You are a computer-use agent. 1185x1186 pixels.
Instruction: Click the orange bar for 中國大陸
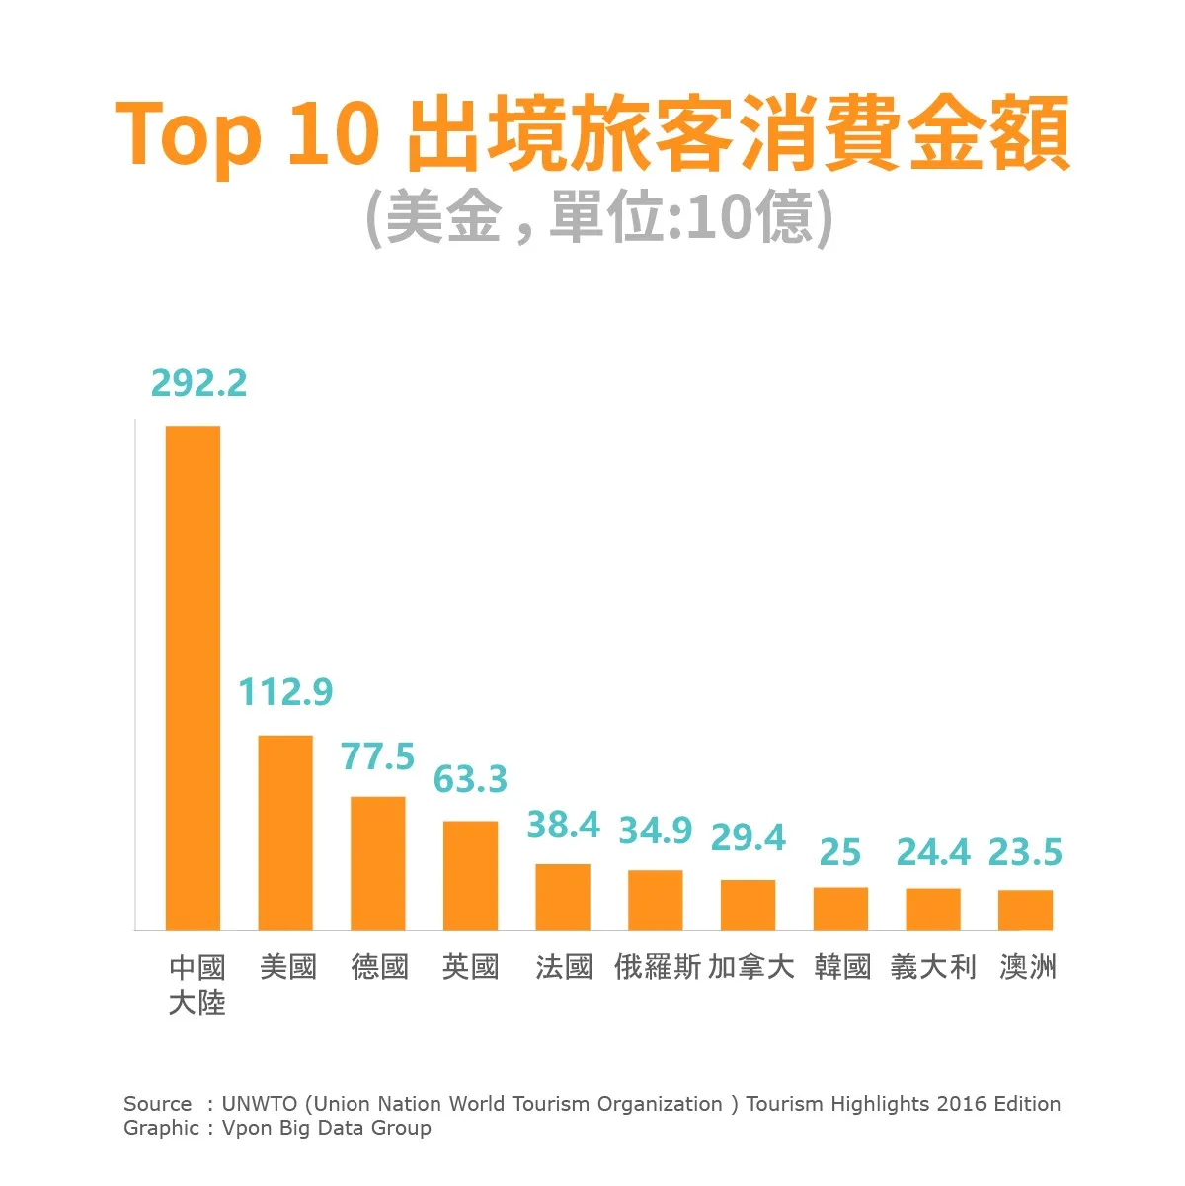(x=193, y=677)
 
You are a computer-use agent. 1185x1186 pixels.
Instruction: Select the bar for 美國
(x=285, y=832)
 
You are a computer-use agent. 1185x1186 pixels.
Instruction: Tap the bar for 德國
(x=378, y=863)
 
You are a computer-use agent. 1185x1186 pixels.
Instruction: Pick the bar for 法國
(x=563, y=897)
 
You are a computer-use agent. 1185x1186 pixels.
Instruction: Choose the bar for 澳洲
(x=1025, y=909)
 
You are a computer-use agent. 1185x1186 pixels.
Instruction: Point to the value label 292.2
(x=198, y=383)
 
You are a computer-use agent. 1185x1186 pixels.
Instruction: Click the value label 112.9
(x=285, y=692)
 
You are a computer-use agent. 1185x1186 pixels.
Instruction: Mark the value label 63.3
(x=470, y=779)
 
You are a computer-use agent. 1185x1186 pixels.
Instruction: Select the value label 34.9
(x=656, y=830)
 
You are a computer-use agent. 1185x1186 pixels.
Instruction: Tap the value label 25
(x=840, y=852)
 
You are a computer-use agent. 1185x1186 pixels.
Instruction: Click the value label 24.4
(x=933, y=852)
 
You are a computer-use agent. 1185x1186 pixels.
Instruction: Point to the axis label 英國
(x=470, y=966)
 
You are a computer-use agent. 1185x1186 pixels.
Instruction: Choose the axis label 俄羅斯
(x=657, y=966)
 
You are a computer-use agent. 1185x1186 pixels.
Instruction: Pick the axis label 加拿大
(x=750, y=966)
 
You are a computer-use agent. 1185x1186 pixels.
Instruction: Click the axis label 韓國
(x=842, y=966)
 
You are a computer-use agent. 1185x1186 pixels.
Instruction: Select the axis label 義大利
(x=933, y=966)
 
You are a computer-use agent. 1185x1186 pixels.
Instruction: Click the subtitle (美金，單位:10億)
(x=599, y=217)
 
